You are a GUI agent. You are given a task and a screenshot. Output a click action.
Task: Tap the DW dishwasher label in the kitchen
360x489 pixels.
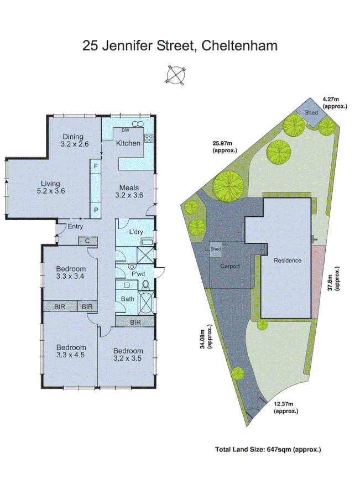[124, 130]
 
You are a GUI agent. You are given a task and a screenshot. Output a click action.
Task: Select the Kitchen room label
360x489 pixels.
[128, 143]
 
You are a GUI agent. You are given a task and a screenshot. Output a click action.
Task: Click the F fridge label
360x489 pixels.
[96, 166]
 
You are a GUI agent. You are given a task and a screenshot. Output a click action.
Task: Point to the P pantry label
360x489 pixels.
[96, 211]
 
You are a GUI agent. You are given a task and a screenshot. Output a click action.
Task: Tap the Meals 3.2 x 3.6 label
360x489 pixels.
[129, 191]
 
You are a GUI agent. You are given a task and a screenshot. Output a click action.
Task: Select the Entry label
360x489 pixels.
[75, 226]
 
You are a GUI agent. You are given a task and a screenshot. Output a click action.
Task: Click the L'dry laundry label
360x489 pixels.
[136, 232]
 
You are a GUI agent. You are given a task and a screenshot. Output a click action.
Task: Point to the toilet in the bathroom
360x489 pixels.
[145, 285]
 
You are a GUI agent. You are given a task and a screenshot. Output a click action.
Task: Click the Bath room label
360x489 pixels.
[128, 299]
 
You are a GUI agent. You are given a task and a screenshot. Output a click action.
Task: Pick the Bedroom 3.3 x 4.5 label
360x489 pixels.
[71, 351]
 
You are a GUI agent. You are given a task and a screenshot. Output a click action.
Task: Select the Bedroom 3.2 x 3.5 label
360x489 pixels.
[128, 355]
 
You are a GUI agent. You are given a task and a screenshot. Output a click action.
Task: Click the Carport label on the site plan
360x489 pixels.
[230, 266]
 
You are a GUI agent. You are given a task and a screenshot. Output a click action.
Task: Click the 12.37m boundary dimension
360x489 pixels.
[286, 407]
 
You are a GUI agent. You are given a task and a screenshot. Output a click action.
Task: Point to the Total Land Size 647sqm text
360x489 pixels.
[268, 450]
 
